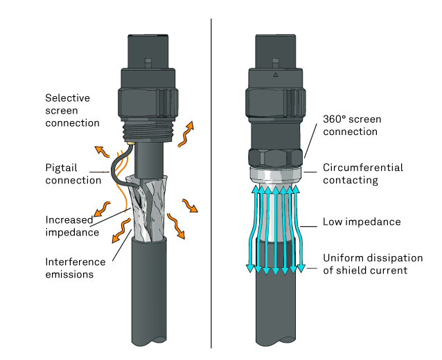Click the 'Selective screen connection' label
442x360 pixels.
coord(73,110)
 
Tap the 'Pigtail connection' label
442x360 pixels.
coord(73,174)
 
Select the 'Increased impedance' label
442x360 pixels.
coord(72,226)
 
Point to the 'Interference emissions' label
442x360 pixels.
coord(76,268)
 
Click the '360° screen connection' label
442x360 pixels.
coord(352,125)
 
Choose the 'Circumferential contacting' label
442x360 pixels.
coord(363,174)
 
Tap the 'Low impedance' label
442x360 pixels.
coord(362,222)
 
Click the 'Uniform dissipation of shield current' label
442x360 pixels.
coord(373,264)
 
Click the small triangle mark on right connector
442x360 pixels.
coord(276,75)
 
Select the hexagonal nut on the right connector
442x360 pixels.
coord(276,159)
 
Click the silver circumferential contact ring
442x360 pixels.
coord(276,175)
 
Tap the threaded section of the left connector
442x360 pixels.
coord(149,132)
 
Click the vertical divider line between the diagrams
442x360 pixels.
coord(211,183)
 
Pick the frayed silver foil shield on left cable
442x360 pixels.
coord(147,208)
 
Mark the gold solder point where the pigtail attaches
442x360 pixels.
coord(131,143)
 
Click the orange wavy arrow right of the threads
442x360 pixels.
coord(186,134)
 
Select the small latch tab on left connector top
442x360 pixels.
coord(148,63)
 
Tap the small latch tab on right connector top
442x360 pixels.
coord(276,63)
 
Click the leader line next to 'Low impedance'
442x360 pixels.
coord(309,226)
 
